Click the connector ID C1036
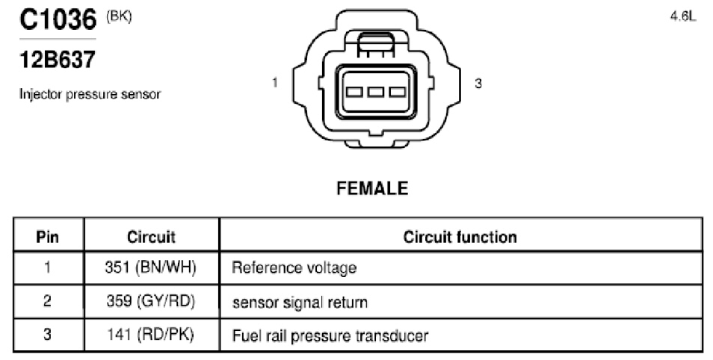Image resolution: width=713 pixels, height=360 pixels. pyautogui.click(x=58, y=19)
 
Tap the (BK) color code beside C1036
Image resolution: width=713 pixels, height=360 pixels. pyautogui.click(x=119, y=17)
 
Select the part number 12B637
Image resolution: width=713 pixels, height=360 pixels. pyautogui.click(x=58, y=60)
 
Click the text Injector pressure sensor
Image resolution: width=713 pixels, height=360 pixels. pyautogui.click(x=90, y=94)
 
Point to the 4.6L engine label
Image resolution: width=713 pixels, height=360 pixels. pyautogui.click(x=682, y=16)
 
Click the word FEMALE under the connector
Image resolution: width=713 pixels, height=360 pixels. pyautogui.click(x=372, y=188)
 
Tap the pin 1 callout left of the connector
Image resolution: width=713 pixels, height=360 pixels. pyautogui.click(x=274, y=83)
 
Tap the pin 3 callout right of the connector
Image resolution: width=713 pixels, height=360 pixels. pyautogui.click(x=478, y=84)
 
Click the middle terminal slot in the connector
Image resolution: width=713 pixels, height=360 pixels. pyautogui.click(x=376, y=93)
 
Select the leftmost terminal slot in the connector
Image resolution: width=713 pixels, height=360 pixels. pyautogui.click(x=354, y=93)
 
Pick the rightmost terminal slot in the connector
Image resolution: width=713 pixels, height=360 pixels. pyautogui.click(x=397, y=93)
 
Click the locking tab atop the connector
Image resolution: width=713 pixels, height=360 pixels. pyautogui.click(x=376, y=45)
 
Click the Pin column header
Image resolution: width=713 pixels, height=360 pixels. pyautogui.click(x=47, y=237)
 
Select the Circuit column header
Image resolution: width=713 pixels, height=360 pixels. pyautogui.click(x=151, y=237)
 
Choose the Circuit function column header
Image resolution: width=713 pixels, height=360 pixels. pyautogui.click(x=460, y=237)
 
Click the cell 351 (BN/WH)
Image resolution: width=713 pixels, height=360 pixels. pyautogui.click(x=150, y=267)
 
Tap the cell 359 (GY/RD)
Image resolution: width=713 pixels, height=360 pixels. pyautogui.click(x=150, y=301)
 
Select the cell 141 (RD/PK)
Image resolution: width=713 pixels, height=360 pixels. pyautogui.click(x=150, y=335)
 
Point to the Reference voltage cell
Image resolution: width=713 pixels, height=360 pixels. pyautogui.click(x=294, y=267)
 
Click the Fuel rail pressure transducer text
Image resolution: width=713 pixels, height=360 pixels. pyautogui.click(x=330, y=336)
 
